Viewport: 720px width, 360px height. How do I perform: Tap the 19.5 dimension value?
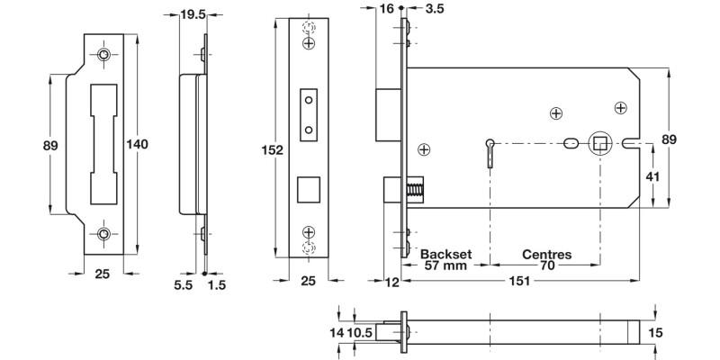(x=192, y=14)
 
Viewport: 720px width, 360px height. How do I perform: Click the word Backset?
(x=447, y=255)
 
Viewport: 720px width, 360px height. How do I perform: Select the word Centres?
(x=546, y=255)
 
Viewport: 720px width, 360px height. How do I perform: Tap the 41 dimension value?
(x=654, y=176)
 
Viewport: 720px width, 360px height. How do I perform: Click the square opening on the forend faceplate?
(x=309, y=189)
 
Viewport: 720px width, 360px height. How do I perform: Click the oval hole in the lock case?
(x=570, y=143)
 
